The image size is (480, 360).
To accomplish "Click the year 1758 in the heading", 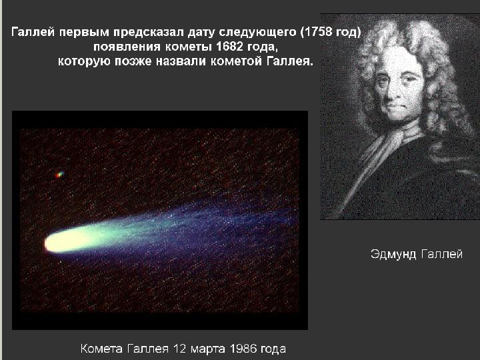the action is tap(318, 32).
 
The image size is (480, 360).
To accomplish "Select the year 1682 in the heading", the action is tap(229, 47).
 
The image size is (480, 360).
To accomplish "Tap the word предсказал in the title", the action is tap(149, 33).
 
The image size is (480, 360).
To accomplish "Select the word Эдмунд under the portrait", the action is tap(393, 255).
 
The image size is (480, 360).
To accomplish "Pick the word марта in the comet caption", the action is tap(207, 349).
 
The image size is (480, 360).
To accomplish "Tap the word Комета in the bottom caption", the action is tap(101, 349).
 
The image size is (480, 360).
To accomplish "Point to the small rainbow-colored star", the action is tap(60, 175).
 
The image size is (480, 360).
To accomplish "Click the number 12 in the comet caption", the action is tap(180, 349).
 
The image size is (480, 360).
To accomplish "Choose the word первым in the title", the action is tap(84, 33).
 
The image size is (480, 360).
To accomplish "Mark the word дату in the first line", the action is tap(201, 33).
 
